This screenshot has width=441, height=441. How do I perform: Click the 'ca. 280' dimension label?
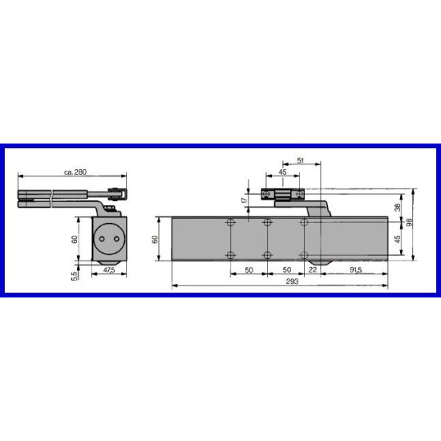(75, 172)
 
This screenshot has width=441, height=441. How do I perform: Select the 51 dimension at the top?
(301, 160)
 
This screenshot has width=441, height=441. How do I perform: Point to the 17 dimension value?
(245, 200)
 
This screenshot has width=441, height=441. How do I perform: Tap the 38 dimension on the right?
(398, 208)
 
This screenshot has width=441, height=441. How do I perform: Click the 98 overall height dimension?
(410, 222)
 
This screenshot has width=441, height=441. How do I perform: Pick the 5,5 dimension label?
(74, 276)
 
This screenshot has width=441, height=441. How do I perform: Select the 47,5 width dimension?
(109, 270)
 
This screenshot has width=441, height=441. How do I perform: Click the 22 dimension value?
(313, 269)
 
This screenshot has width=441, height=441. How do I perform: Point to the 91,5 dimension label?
(356, 269)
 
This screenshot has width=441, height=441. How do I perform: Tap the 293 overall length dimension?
(292, 281)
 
